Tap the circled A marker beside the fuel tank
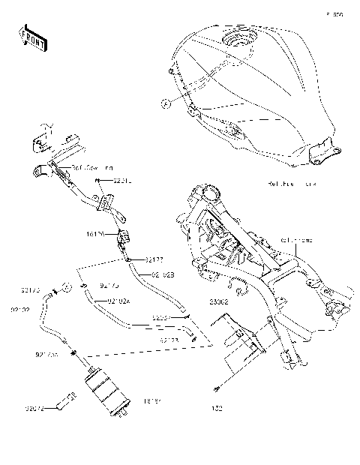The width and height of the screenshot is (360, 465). click(x=165, y=105)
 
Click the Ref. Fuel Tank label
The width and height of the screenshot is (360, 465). click(x=293, y=183)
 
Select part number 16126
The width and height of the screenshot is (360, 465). click(x=94, y=235)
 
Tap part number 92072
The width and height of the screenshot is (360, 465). click(x=34, y=409)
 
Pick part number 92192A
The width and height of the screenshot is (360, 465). click(x=119, y=301)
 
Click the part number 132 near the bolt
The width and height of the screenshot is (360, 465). click(x=217, y=409)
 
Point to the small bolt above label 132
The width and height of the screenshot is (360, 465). click(x=217, y=388)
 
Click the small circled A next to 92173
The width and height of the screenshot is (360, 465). click(x=65, y=286)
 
